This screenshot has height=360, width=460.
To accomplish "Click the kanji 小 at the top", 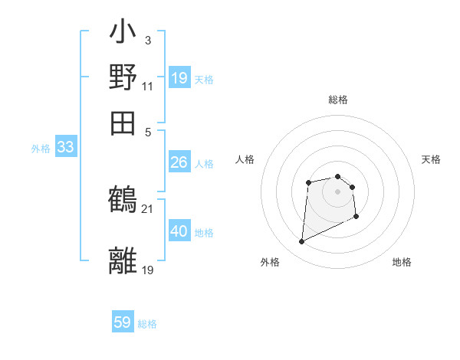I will click(123, 34).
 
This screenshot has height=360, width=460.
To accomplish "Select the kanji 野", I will click(123, 77).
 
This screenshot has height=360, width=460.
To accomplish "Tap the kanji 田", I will click(123, 121).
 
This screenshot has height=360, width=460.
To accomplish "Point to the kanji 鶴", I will click(123, 199).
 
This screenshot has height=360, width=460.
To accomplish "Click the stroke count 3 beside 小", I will click(148, 40).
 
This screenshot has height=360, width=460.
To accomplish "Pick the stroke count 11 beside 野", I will click(147, 86).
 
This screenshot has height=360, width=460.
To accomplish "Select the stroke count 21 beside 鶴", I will click(147, 208).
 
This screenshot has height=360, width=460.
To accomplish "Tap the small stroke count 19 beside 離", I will click(148, 269).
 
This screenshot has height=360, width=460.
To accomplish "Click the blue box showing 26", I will click(179, 162).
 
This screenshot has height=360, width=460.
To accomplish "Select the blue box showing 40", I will click(179, 231).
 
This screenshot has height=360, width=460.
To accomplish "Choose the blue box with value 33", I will click(65, 148).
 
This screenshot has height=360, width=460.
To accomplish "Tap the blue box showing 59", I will click(123, 322).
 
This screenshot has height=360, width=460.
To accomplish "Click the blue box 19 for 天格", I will click(179, 78).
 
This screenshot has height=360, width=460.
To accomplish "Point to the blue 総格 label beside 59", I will click(147, 324).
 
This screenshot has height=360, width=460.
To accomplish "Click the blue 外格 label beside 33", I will click(40, 149).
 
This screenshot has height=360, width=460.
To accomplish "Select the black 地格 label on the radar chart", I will click(402, 262).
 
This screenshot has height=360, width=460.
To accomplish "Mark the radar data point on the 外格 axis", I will click(301, 242).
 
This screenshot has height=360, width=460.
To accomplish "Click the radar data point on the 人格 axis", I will click(308, 182).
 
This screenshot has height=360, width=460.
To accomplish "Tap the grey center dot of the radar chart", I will click(337, 191).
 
